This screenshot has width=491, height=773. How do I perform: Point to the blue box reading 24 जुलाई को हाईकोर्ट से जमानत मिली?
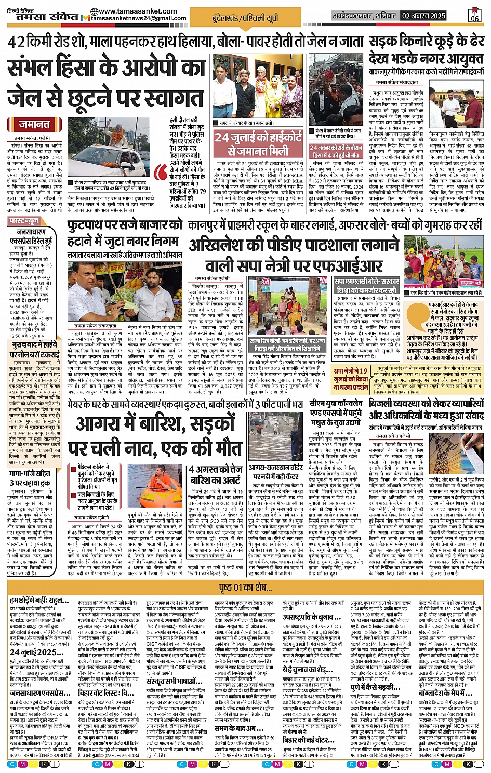[258, 144]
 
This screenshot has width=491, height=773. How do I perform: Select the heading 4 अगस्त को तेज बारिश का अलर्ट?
[216, 474]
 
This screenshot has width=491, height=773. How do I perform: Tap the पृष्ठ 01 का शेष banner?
[245, 587]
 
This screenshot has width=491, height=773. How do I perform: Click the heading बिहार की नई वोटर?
[309, 740]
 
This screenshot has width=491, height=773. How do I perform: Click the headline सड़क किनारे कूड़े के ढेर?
[427, 42]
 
